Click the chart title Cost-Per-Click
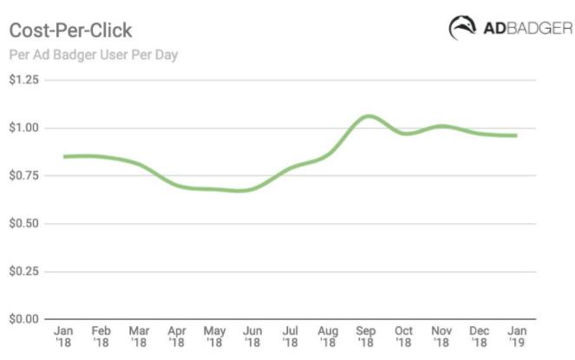(x=70, y=31)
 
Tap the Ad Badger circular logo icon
(x=462, y=28)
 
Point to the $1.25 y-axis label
(x=24, y=81)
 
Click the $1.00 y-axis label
(x=24, y=128)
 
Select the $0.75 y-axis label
(x=24, y=176)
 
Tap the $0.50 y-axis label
(x=24, y=224)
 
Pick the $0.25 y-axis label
(x=24, y=272)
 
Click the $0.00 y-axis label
(x=24, y=319)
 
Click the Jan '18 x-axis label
(x=63, y=337)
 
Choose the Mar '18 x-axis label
(x=139, y=337)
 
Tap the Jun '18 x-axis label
(x=252, y=337)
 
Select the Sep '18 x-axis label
(x=366, y=337)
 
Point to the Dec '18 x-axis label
(x=480, y=337)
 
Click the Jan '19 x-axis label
(x=517, y=337)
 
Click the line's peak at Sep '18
(x=369, y=115)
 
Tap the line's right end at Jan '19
(x=517, y=135)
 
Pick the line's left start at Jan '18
(x=64, y=157)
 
